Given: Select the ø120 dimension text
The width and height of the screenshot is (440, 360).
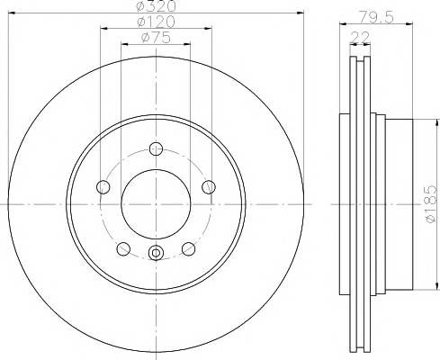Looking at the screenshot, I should (x=154, y=22).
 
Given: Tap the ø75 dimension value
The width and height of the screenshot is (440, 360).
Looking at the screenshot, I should (x=157, y=37).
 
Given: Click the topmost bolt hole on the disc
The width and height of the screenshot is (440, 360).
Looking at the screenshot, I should (x=156, y=148).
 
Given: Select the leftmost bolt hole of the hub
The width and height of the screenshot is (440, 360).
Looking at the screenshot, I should (x=103, y=186).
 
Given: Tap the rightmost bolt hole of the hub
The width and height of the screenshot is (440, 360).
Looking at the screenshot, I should (x=209, y=186).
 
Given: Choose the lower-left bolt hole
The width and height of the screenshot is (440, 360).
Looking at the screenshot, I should (x=122, y=249).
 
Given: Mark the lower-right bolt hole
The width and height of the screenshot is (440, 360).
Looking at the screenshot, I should (x=189, y=249).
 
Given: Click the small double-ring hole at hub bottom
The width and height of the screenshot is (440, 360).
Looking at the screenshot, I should (x=156, y=253).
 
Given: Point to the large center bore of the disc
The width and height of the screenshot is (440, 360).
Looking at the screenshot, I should (x=156, y=204).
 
